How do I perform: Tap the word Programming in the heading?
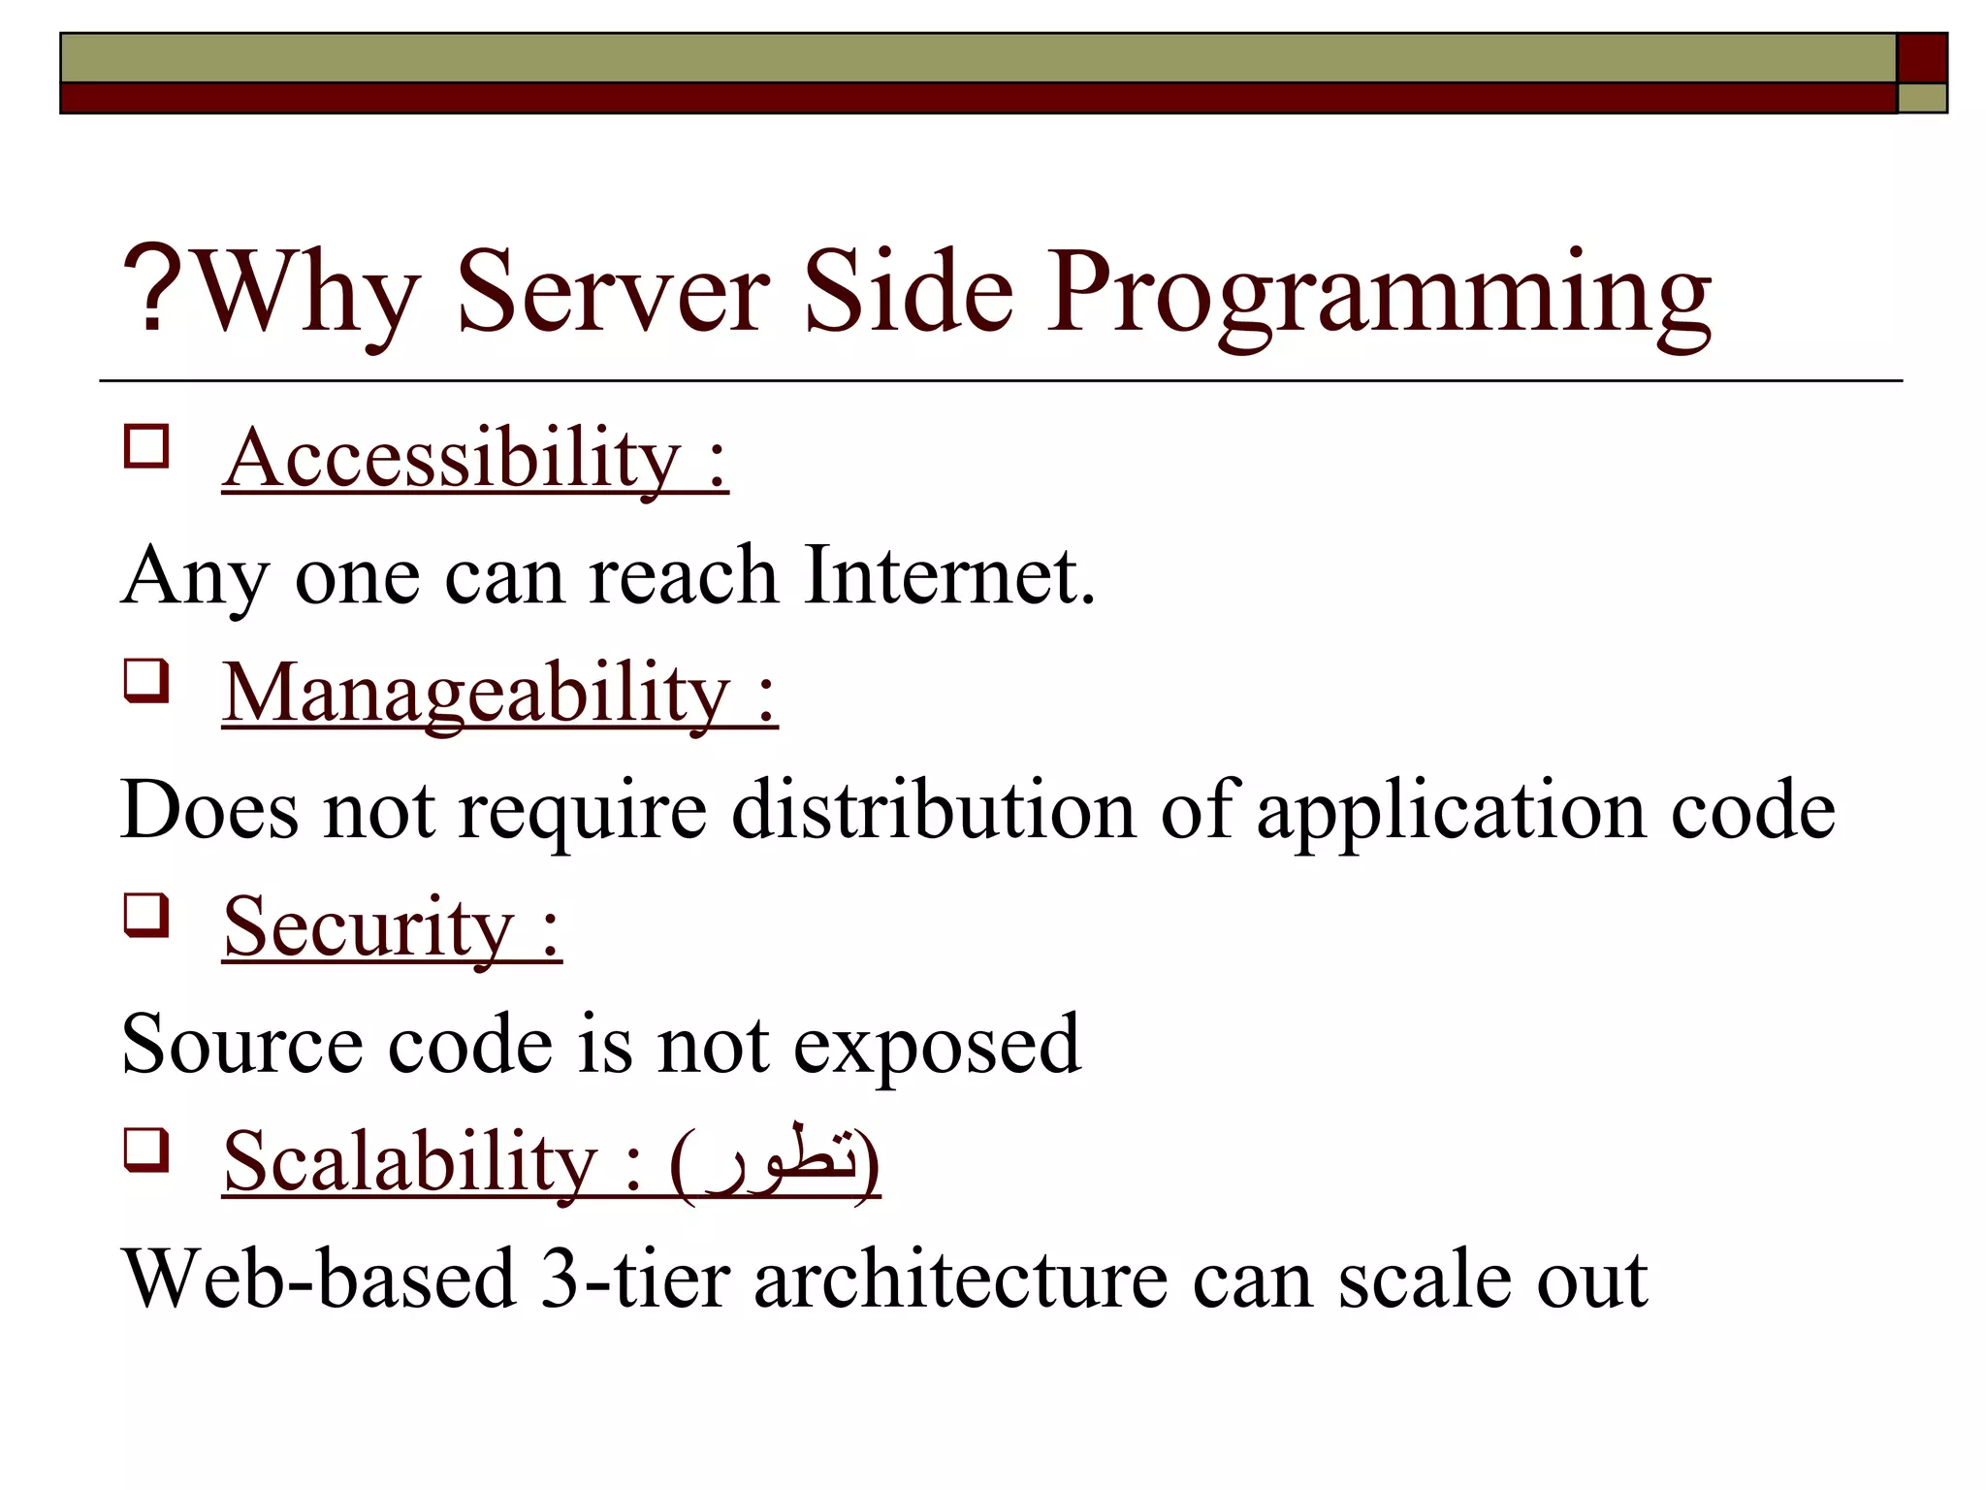tap(1378, 295)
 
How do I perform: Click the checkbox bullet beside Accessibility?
tap(146, 448)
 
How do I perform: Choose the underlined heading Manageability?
tap(477, 693)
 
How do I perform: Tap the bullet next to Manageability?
tap(146, 682)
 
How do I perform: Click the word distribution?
tap(933, 809)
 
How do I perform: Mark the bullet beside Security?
tap(146, 917)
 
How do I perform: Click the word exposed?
tap(937, 1046)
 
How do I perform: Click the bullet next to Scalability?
tap(146, 1151)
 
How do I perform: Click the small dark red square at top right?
tap(1921, 57)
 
